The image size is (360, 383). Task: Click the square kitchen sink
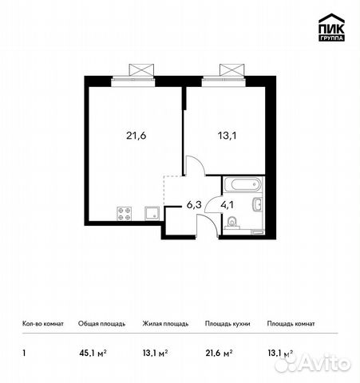coord(151,212)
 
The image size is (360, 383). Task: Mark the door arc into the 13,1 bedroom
coord(196,165)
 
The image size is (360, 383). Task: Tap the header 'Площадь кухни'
coord(227,324)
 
